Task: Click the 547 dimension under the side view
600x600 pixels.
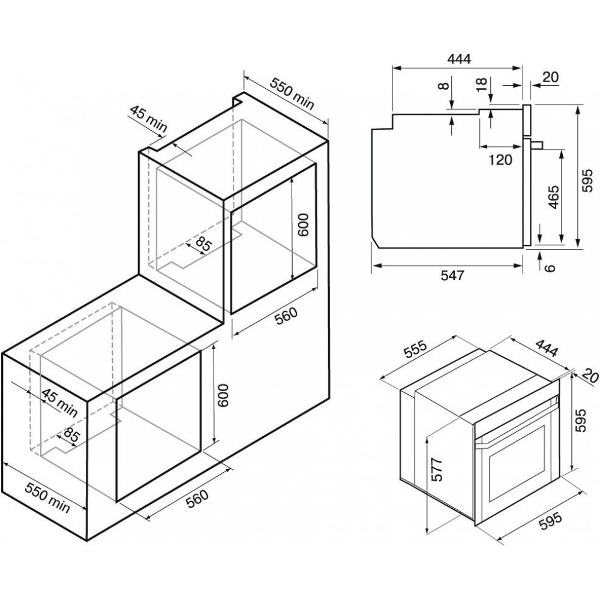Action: coord(452,275)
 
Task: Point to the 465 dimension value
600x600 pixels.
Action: coord(553,197)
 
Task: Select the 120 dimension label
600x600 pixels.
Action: coord(500,160)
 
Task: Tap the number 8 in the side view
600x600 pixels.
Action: coord(443,86)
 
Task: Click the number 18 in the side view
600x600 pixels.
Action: coord(482,85)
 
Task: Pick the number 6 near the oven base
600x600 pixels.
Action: coord(550,268)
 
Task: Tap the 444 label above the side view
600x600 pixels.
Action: coord(459,59)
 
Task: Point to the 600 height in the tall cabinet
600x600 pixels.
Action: coord(302,225)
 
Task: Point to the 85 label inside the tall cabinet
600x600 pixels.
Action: coord(203,244)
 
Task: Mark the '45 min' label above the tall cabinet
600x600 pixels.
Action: coord(148,119)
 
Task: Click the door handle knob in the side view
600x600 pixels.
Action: coord(537,144)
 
